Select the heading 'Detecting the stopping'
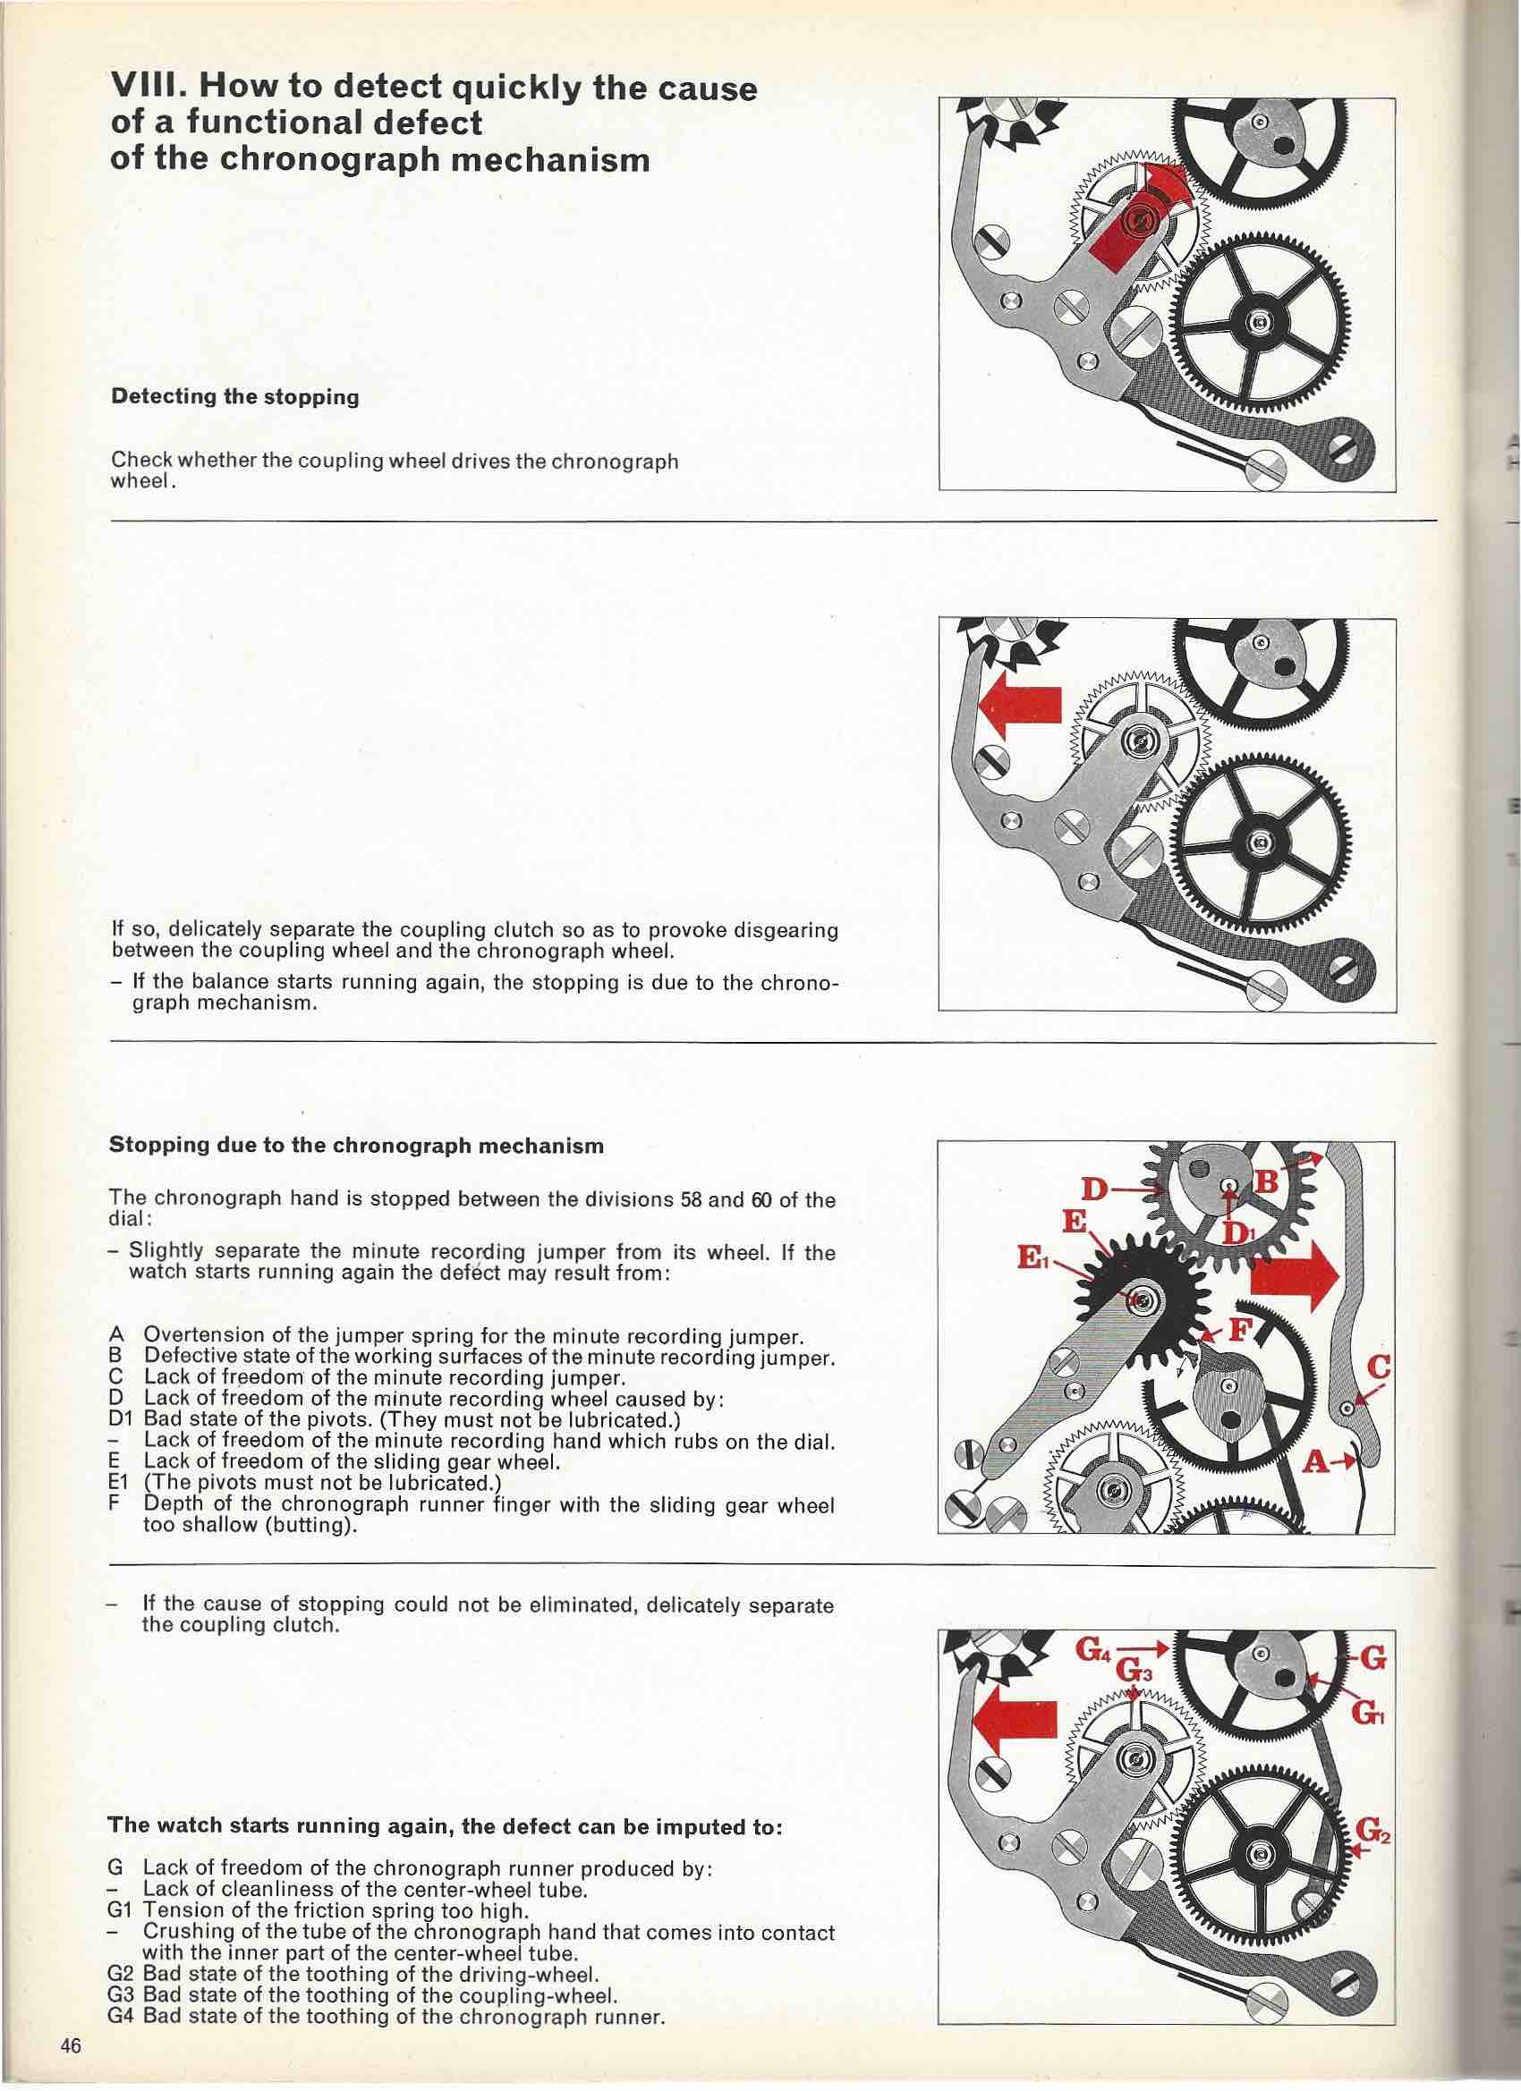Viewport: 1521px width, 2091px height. [234, 397]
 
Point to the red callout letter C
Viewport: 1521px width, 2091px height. [1380, 1367]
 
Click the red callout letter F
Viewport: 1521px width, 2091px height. [1240, 1330]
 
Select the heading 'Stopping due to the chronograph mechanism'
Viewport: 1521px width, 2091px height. [356, 1146]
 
